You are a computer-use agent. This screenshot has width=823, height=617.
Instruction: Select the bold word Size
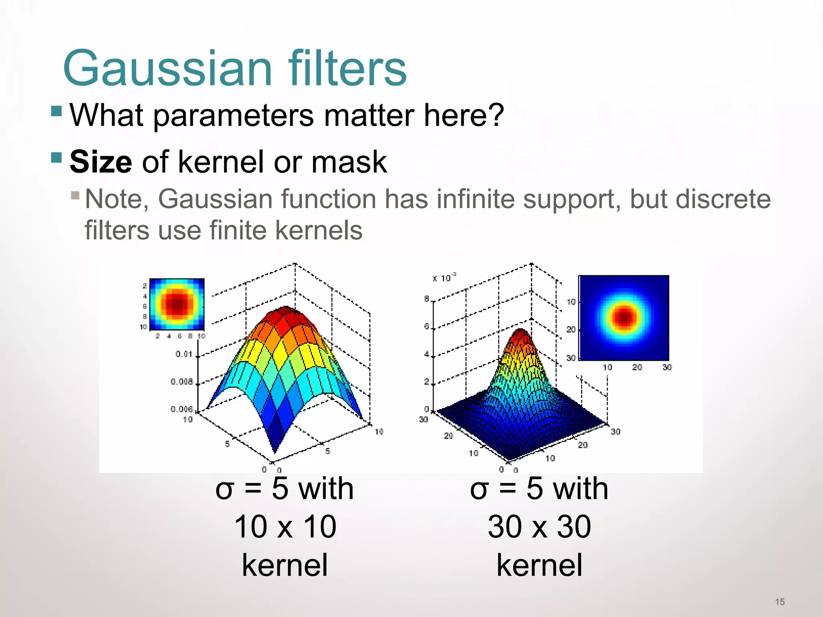100,162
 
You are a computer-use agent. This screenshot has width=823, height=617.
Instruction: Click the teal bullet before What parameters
57,111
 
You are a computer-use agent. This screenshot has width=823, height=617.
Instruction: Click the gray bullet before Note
75,196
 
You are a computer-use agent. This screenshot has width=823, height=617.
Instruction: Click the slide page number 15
780,602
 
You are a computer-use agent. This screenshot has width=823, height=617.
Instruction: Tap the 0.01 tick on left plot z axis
184,354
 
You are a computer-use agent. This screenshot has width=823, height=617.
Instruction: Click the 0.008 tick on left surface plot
182,382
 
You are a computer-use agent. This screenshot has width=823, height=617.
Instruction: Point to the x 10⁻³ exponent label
444,278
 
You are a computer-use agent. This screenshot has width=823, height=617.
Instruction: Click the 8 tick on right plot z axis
426,299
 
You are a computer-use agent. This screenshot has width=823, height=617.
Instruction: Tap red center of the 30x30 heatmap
624,318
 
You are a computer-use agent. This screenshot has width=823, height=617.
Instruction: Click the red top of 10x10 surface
285,311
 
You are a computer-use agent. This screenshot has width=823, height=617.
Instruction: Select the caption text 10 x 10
285,527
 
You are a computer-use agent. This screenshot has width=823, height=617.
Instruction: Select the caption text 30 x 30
539,527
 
